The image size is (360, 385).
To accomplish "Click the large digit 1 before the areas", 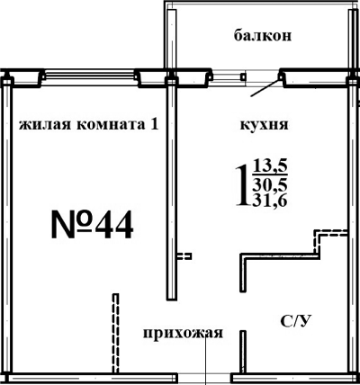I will pyautogui.click(x=241, y=184).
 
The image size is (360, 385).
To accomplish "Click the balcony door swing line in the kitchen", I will pyautogui.click(x=263, y=86).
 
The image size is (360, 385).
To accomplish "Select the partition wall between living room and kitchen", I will pyautogui.click(x=168, y=189).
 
